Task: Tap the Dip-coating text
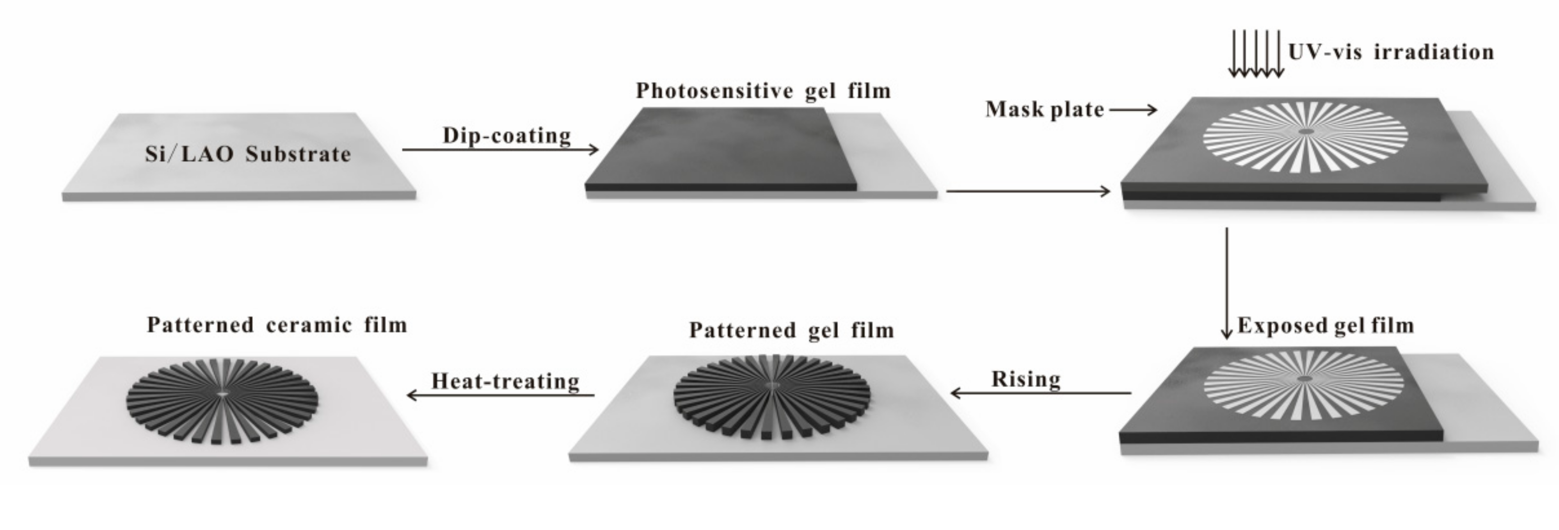point(507,136)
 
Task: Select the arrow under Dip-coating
point(500,150)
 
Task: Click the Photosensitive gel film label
point(763,91)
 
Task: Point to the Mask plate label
point(1044,110)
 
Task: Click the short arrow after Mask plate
point(1133,110)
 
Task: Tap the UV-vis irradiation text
point(1391,52)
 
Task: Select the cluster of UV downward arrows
point(1256,54)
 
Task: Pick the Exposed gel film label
point(1325,326)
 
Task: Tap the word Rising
point(1026,380)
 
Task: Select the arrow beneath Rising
point(1041,393)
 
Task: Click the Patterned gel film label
point(792,330)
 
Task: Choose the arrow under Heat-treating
point(501,395)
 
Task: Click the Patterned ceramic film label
point(276,325)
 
